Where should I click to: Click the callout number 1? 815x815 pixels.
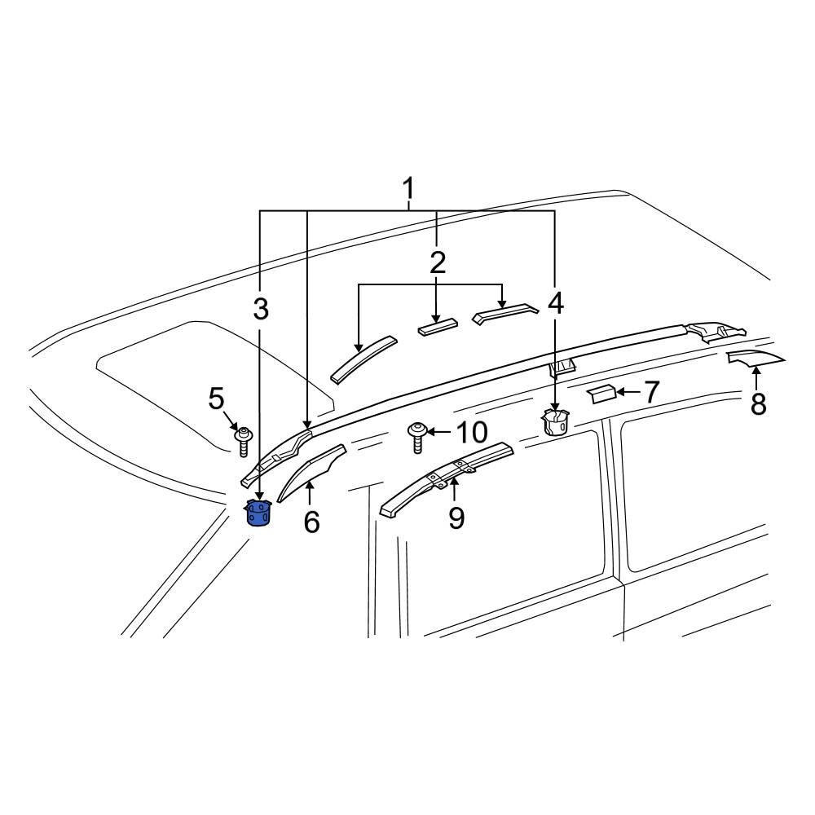[409, 189]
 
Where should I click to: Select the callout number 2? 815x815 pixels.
[438, 262]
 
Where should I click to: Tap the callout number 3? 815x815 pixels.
[261, 309]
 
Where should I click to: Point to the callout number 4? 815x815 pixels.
[556, 303]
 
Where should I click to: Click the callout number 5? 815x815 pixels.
[216, 399]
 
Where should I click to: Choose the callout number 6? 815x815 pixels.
[311, 522]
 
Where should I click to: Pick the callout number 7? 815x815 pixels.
[652, 392]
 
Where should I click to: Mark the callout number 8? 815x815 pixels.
[758, 403]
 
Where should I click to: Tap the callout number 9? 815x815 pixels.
[456, 518]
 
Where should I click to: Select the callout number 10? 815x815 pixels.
[472, 431]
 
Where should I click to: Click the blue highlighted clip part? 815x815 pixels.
[258, 513]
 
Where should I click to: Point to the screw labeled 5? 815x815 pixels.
[243, 441]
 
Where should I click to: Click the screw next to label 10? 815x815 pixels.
[416, 438]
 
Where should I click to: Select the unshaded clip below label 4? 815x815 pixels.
[556, 421]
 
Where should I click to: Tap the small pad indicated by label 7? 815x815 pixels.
[601, 394]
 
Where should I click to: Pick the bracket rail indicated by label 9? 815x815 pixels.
[447, 479]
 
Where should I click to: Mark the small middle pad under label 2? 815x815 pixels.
[438, 328]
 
